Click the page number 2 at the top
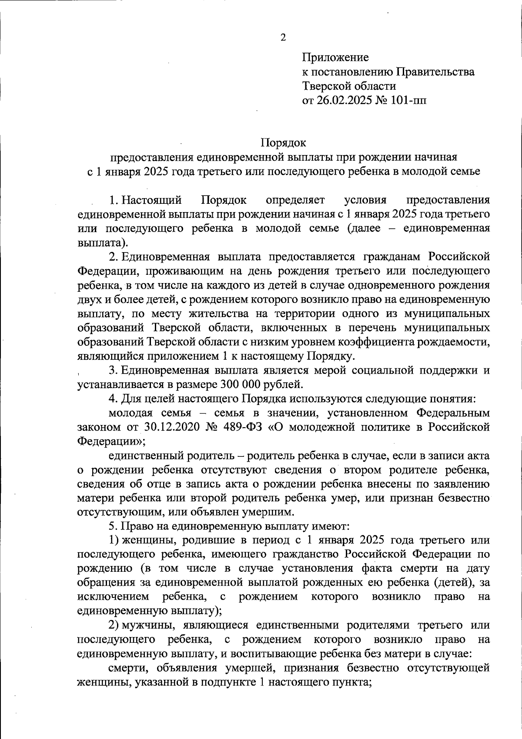pyautogui.click(x=283, y=38)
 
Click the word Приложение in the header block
pyautogui.click(x=335, y=57)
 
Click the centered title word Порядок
pyautogui.click(x=283, y=142)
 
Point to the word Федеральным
pyautogui.click(x=453, y=412)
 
